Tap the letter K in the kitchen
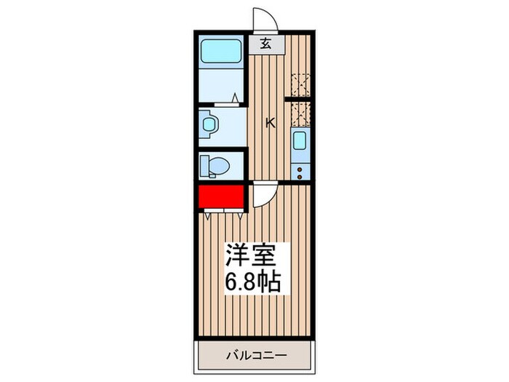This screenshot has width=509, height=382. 270,123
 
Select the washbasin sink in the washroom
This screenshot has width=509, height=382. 210,126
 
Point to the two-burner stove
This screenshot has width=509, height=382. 299,171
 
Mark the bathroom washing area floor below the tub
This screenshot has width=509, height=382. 222,86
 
